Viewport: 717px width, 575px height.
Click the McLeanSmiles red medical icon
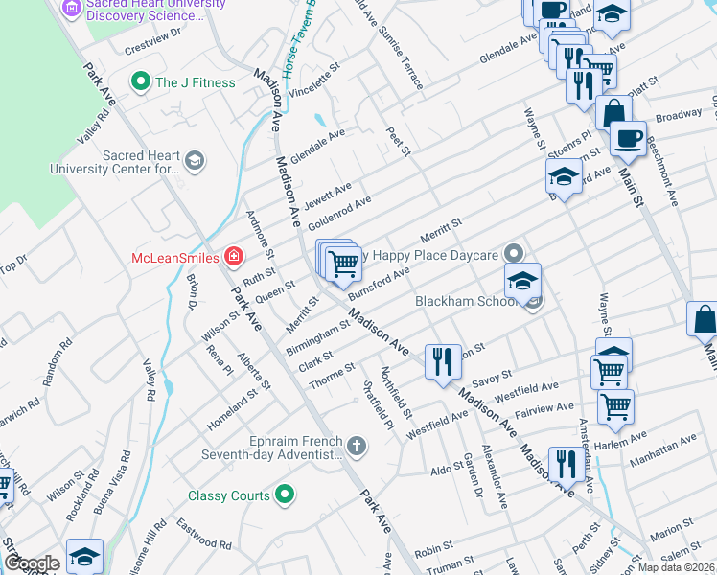pos(232,256)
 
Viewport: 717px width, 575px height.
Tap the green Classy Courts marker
pos(284,494)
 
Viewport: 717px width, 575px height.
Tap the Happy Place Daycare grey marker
pos(514,254)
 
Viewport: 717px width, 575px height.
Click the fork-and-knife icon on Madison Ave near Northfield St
pos(442,362)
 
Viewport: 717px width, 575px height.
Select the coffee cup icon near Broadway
pos(628,138)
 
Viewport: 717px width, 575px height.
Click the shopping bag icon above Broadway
pos(613,112)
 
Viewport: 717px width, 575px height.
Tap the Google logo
pos(32,563)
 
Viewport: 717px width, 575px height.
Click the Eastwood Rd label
pos(204,534)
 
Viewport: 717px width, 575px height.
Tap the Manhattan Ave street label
pos(662,453)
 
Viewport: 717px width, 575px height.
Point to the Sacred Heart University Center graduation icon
pos(195,160)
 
